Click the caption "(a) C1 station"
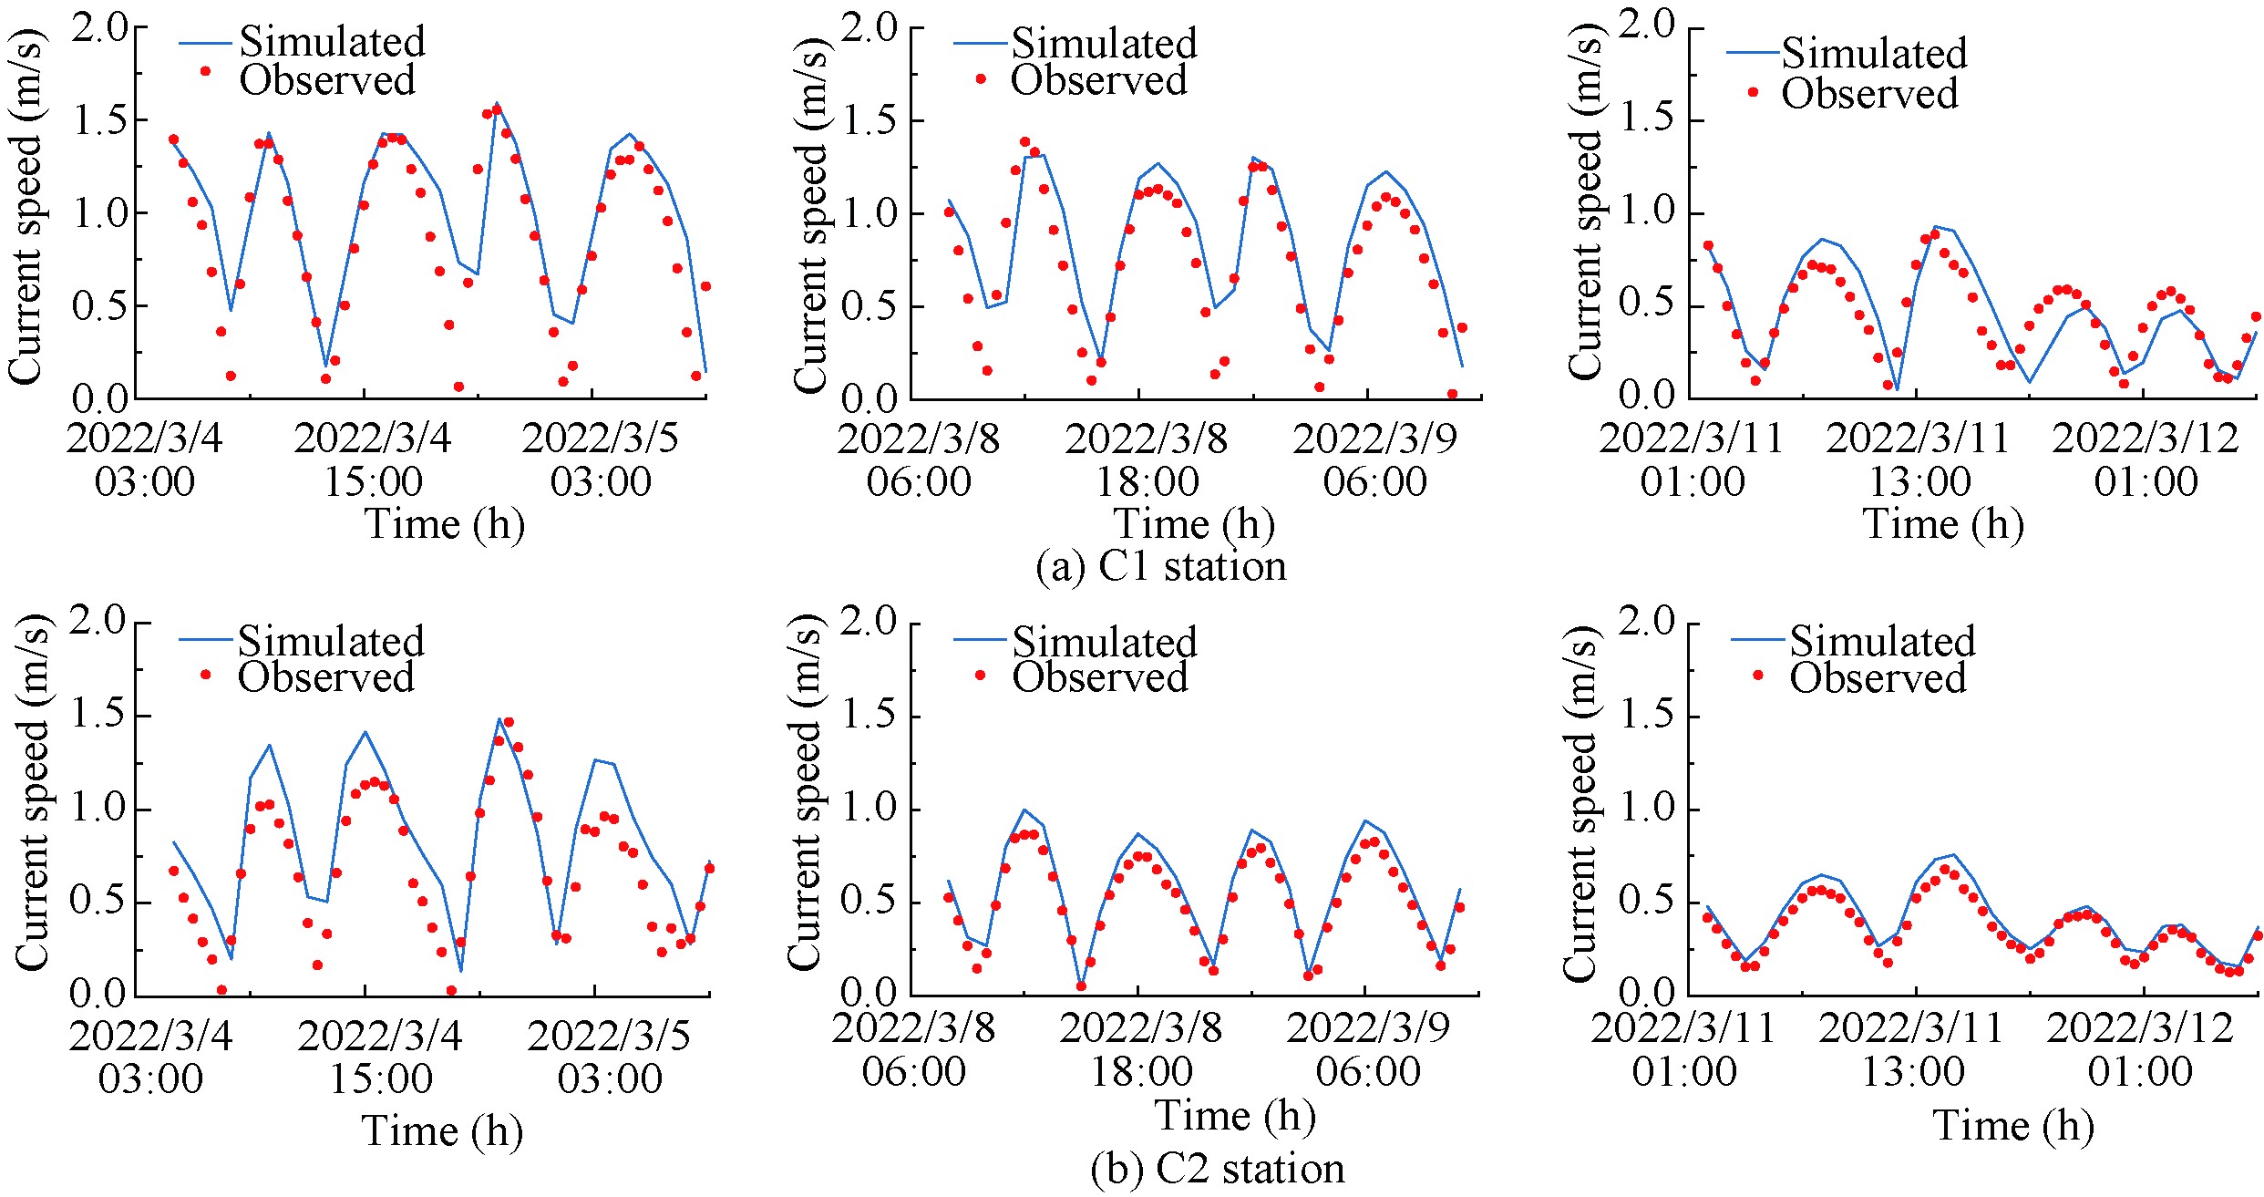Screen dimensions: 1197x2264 coord(1161,566)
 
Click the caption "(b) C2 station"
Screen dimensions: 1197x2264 coord(1217,1169)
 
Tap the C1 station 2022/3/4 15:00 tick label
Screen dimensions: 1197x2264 coord(373,459)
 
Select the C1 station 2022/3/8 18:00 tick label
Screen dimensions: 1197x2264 coord(1147,459)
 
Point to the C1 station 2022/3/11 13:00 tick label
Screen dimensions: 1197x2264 coord(1919,459)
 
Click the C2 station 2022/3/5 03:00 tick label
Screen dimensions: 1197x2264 coord(609,1058)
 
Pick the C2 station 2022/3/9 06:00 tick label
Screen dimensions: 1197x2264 coord(1368,1049)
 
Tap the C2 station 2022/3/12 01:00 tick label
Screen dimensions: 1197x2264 coord(2140,1049)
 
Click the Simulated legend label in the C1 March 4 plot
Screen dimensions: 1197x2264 coord(333,42)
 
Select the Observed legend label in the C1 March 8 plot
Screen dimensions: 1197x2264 coord(1099,80)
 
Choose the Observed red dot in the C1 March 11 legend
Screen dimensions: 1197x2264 coord(1753,92)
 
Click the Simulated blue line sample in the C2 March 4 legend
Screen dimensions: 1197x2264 coord(207,640)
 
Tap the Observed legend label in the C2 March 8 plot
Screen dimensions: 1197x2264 coord(1100,677)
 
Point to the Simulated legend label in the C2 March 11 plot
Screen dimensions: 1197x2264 coord(1882,641)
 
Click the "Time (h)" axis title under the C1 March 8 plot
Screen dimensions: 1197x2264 coord(1194,524)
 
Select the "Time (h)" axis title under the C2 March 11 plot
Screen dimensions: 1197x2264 coord(2013,1126)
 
